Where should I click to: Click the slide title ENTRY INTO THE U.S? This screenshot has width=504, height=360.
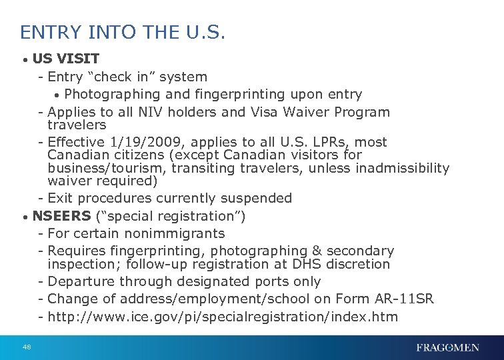coord(123,32)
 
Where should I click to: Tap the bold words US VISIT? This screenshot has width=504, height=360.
coord(66,58)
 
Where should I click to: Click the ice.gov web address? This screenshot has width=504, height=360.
coord(223,317)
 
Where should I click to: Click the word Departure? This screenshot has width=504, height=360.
coord(85,281)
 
